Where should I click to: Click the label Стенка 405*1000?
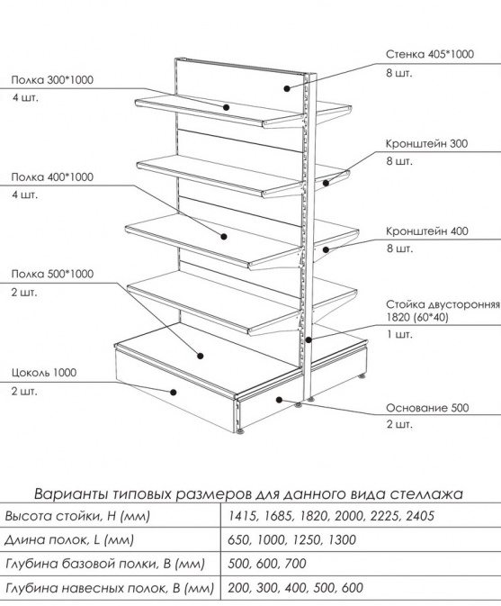click(430, 54)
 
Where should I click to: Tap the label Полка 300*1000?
click(52, 80)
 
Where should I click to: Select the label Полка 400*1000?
click(52, 177)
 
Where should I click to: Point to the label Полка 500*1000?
click(52, 274)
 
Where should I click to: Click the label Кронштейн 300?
click(426, 144)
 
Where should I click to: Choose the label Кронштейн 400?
click(427, 231)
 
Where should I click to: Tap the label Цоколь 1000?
click(43, 373)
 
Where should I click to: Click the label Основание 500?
click(427, 408)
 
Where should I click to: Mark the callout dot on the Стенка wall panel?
click(287, 88)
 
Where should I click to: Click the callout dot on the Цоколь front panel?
click(174, 393)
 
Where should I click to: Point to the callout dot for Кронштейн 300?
click(327, 183)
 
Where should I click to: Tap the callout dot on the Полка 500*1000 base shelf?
click(201, 356)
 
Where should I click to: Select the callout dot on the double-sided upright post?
click(309, 340)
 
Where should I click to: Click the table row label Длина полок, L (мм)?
click(68, 540)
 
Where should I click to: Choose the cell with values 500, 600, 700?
click(267, 564)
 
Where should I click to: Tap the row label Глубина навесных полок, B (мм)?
click(110, 588)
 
